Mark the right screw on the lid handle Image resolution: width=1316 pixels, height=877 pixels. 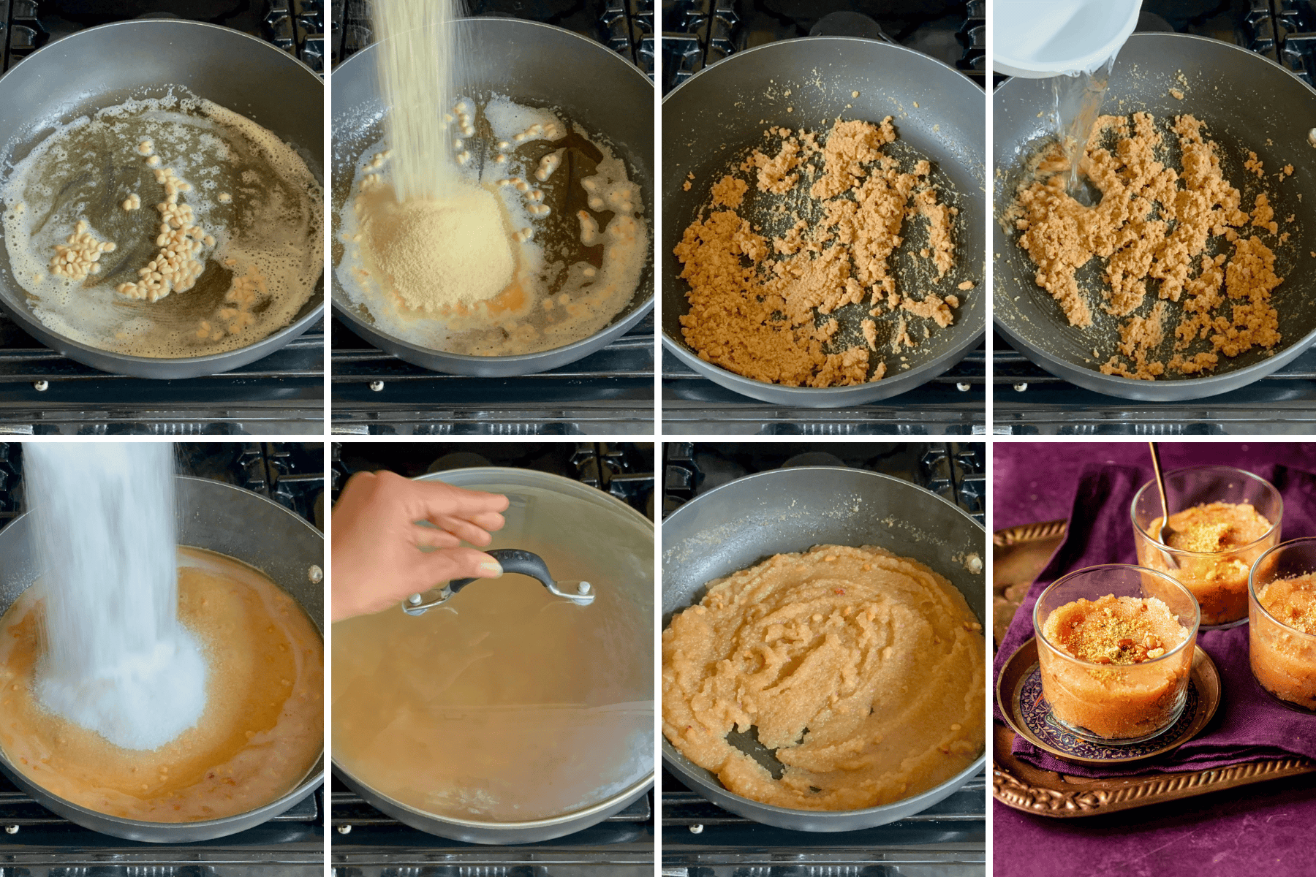point(584,587)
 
